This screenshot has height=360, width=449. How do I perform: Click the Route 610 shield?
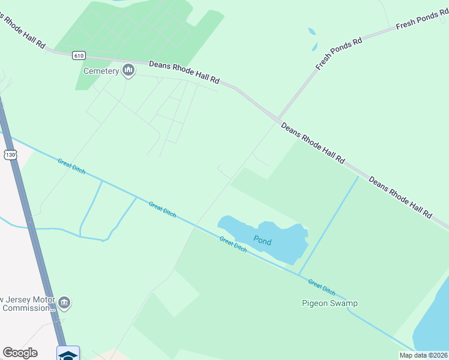(x=79, y=55)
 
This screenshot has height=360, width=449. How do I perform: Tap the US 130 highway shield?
(x=10, y=155)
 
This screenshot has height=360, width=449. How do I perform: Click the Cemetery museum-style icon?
(x=128, y=71)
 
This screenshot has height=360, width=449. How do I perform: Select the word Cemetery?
(x=101, y=71)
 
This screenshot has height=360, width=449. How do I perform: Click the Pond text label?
(x=262, y=242)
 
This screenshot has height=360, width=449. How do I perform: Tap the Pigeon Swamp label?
(x=329, y=303)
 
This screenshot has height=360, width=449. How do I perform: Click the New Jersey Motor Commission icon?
(x=65, y=303)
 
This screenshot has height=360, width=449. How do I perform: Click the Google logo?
(x=20, y=353)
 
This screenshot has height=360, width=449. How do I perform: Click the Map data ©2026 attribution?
(x=423, y=355)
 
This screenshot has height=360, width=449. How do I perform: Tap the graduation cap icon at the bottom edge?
(x=68, y=355)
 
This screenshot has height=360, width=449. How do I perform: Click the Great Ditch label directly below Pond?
(x=234, y=244)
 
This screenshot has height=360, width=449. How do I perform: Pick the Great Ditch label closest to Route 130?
(x=71, y=166)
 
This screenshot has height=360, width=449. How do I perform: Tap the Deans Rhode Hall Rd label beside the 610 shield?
(x=184, y=72)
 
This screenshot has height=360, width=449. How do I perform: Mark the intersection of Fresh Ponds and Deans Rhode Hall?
(x=279, y=118)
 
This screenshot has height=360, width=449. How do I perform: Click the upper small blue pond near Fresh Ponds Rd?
(x=312, y=32)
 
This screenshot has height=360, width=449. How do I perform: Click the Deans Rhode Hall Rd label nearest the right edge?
(x=400, y=197)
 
